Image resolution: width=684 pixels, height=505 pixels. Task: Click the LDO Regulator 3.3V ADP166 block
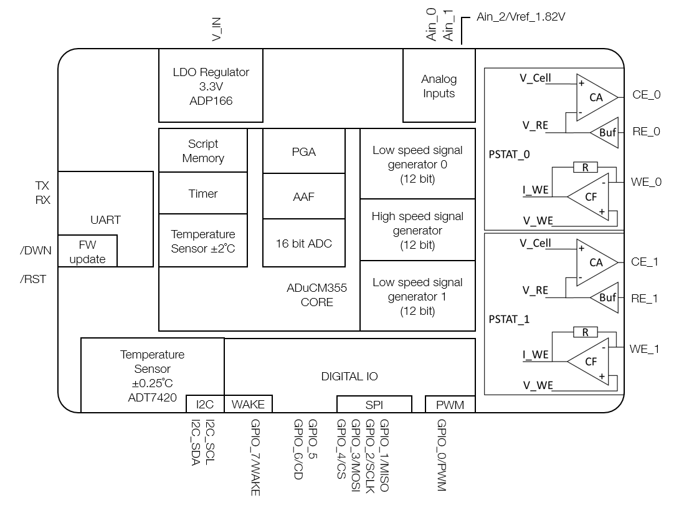point(211,86)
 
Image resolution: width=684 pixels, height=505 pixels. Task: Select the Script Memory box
point(203,151)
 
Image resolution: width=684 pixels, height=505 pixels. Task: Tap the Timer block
point(203,194)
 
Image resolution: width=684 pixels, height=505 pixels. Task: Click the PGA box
point(304,151)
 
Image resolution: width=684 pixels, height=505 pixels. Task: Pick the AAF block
point(304,196)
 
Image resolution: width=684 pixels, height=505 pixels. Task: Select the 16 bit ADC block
point(304,243)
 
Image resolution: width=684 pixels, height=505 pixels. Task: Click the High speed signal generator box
point(417,230)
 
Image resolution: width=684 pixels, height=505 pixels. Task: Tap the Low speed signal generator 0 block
point(417,164)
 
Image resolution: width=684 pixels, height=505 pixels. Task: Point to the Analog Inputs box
point(439,86)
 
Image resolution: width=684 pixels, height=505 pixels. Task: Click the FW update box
point(87,251)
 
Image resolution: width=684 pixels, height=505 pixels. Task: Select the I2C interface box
point(205,405)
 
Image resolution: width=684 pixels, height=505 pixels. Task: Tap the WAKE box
point(248,405)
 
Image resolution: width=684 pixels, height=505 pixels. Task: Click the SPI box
point(374,405)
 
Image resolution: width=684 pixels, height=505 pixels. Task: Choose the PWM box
point(450,405)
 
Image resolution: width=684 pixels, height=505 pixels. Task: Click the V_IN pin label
point(217,29)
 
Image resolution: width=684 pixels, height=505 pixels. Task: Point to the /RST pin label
point(33,279)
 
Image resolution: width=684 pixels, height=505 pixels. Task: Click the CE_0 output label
point(646,95)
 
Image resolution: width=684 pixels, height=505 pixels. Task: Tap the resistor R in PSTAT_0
point(585,167)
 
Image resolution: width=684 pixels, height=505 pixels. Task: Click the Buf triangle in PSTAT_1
point(606,298)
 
